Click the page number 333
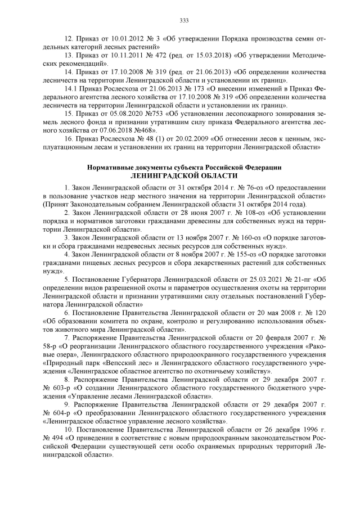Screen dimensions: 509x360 click(x=183, y=21)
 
